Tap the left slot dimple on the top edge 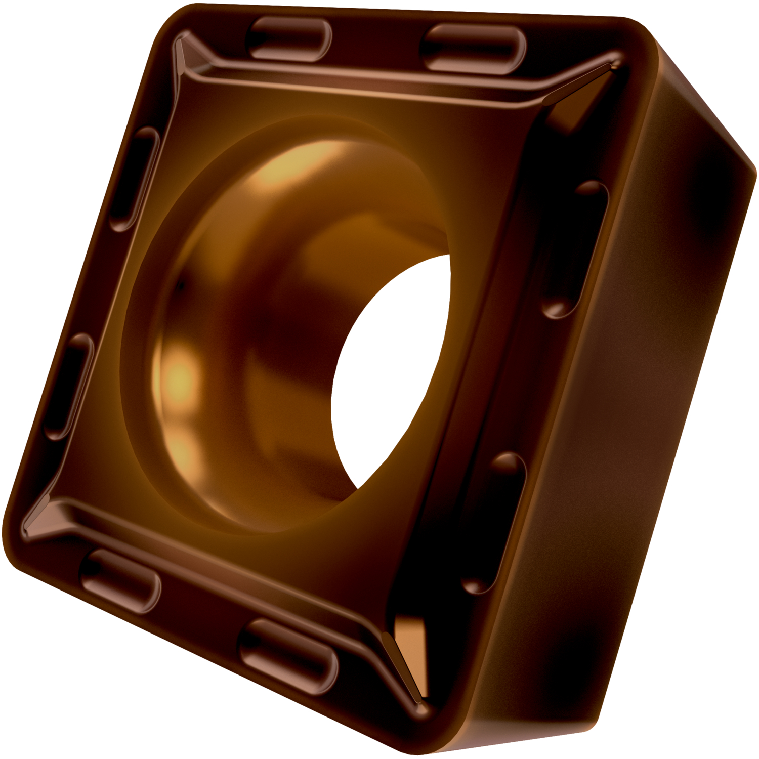pyautogui.click(x=288, y=38)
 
